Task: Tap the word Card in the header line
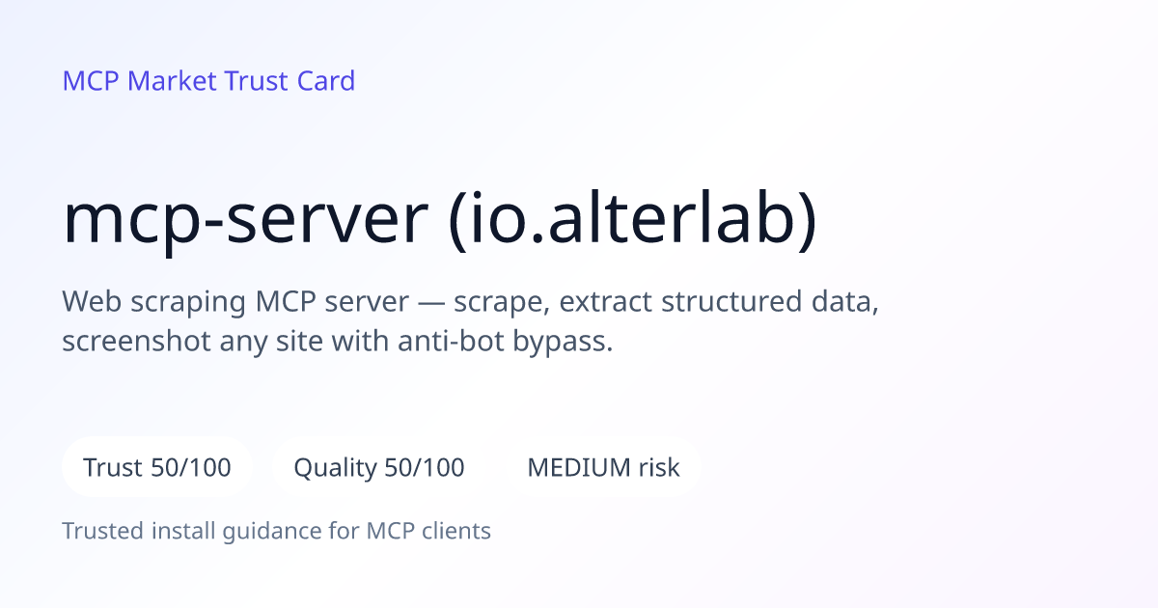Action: [x=326, y=81]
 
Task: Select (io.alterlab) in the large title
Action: [x=633, y=221]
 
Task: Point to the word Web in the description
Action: [x=92, y=301]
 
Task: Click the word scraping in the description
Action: [x=188, y=303]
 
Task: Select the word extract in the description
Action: [x=605, y=302]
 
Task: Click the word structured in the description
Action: [x=731, y=301]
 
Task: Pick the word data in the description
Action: [x=842, y=301]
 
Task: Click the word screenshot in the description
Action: [x=136, y=342]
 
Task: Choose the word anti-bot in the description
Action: [x=451, y=342]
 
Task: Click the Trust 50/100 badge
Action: [x=157, y=467]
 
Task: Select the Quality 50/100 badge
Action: [x=379, y=467]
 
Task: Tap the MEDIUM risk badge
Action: [x=603, y=467]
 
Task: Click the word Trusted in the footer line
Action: [x=103, y=531]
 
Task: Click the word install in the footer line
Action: [x=183, y=531]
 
